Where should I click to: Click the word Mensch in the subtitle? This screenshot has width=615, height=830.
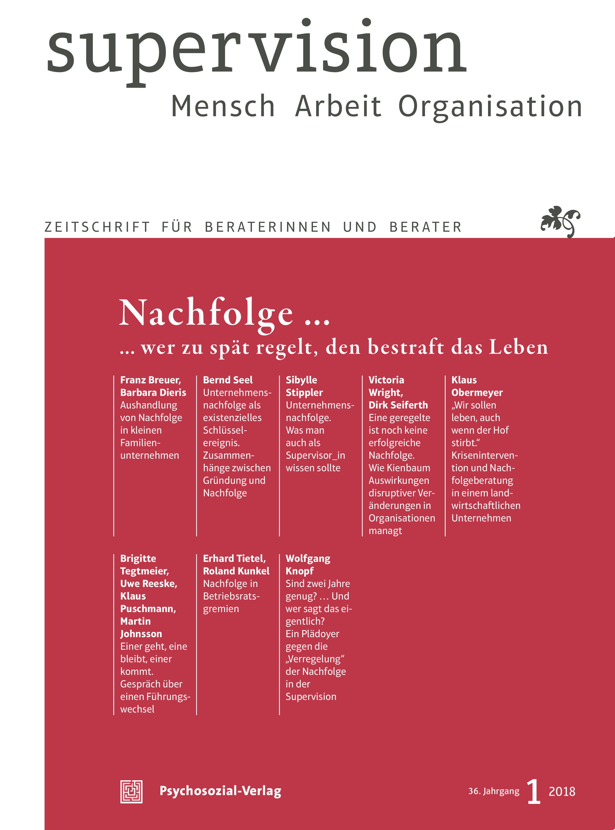[x=223, y=106]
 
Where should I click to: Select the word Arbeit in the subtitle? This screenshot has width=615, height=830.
[x=338, y=106]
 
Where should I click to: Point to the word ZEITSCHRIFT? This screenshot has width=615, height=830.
[x=97, y=227]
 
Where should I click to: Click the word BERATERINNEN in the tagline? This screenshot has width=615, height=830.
[x=268, y=227]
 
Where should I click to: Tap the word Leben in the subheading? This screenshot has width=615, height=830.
[x=518, y=347]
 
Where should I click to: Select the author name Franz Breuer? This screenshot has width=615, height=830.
[x=150, y=380]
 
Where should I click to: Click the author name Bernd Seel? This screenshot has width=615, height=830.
[x=228, y=380]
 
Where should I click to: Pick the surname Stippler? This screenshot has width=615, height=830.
[x=304, y=393]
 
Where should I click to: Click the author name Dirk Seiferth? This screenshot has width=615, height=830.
[x=398, y=405]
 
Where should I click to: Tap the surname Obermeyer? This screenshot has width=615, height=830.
[x=477, y=393]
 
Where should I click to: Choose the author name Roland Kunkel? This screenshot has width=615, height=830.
[x=236, y=571]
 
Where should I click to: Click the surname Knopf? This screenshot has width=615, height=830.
[x=299, y=571]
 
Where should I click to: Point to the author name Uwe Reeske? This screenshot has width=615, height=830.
[x=149, y=584]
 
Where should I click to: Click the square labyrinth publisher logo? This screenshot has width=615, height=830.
[x=131, y=791]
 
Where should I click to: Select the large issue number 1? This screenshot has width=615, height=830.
[x=533, y=791]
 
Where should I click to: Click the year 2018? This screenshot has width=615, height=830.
[x=562, y=792]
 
